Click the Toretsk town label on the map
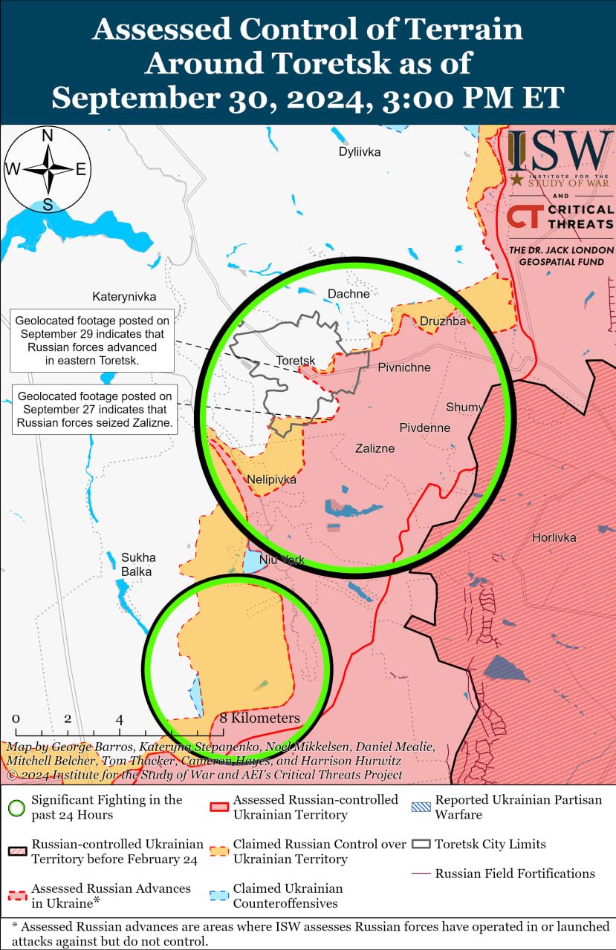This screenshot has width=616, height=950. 295,361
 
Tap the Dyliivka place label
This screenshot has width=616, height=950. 360,152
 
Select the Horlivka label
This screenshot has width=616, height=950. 554,537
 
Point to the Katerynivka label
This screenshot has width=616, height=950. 124,297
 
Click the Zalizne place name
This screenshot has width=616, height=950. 375,448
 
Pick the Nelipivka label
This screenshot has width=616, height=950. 272,479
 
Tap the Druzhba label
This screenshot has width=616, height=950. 442,321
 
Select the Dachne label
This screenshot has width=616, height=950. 348,294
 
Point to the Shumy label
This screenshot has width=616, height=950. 464,407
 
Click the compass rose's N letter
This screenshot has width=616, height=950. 47,136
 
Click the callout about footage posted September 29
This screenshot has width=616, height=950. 92,341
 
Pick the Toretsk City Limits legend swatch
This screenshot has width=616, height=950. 422,844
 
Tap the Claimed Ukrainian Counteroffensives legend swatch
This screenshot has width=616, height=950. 220,896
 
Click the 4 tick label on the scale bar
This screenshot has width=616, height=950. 119,719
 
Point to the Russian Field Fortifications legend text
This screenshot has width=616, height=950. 515,874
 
